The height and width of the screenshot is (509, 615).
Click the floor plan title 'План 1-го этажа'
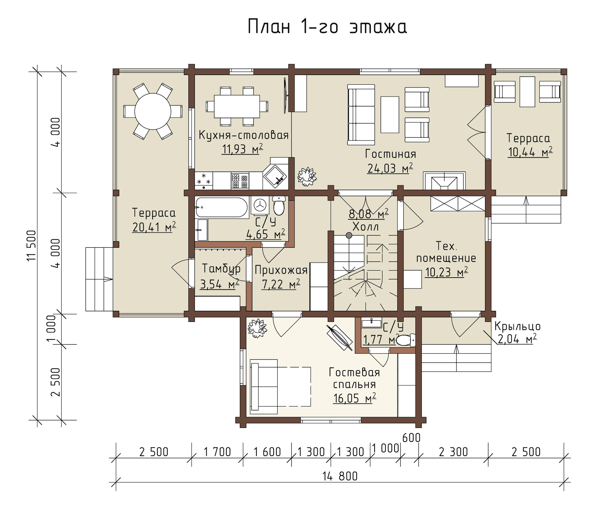click(327, 27)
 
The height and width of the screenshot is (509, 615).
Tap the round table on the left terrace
click(153, 111)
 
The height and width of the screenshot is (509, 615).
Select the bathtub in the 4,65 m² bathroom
click(221, 207)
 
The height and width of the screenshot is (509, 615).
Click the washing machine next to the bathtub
click(260, 206)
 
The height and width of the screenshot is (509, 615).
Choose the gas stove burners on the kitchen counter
click(240, 181)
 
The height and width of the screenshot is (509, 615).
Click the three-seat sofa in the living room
click(361, 114)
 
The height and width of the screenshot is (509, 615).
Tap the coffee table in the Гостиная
click(390, 114)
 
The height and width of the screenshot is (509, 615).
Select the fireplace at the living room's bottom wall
click(444, 181)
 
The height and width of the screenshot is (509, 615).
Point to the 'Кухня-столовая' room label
click(244, 135)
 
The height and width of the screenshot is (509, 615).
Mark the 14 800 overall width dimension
click(340, 476)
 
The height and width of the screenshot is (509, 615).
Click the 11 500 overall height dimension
click(32, 245)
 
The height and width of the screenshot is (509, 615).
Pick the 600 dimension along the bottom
click(411, 438)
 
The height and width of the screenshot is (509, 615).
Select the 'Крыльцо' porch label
click(518, 327)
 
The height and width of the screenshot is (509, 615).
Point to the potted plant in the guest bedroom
click(257, 328)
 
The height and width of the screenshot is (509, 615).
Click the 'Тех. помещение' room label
click(446, 252)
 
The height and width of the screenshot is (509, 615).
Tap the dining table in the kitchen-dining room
click(237, 106)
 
